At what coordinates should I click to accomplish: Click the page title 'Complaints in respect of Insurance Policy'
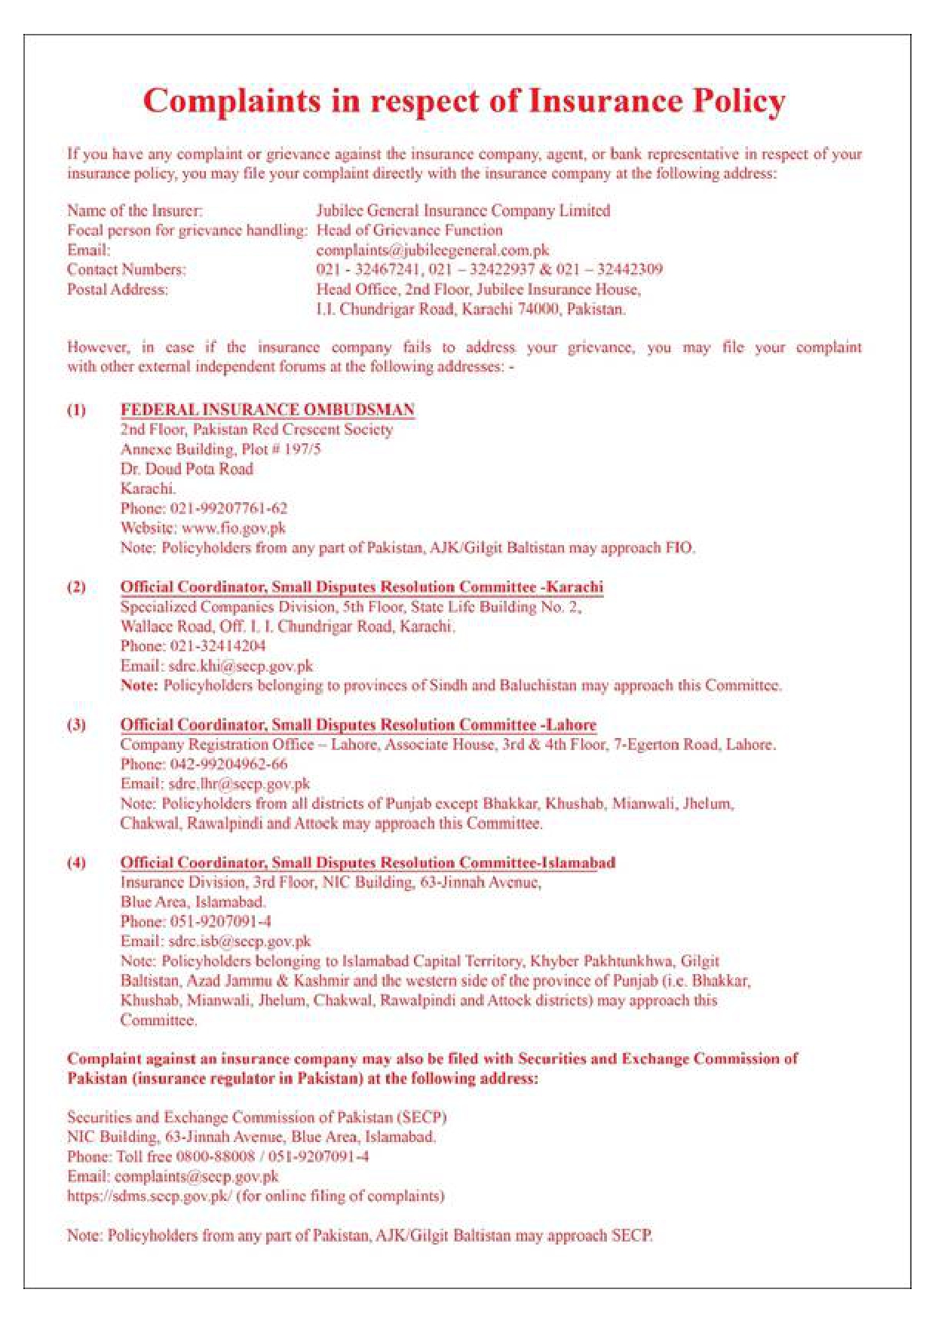(464, 101)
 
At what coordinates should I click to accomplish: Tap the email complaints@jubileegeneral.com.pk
(433, 250)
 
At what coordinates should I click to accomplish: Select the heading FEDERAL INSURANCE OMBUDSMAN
(268, 409)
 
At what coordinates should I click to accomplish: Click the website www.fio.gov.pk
(234, 528)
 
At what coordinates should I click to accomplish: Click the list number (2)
(76, 586)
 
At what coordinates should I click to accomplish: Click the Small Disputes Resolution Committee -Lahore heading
(358, 725)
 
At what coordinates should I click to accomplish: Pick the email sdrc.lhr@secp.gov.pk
(240, 784)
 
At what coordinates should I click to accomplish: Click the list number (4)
(76, 862)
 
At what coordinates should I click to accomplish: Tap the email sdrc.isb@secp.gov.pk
(240, 942)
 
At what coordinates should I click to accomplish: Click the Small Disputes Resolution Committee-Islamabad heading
(368, 862)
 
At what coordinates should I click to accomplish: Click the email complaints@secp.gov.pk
(197, 1176)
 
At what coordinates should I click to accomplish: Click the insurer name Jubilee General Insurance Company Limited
(463, 210)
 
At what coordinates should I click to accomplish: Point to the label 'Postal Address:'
(118, 289)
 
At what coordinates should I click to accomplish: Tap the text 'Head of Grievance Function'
(409, 230)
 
